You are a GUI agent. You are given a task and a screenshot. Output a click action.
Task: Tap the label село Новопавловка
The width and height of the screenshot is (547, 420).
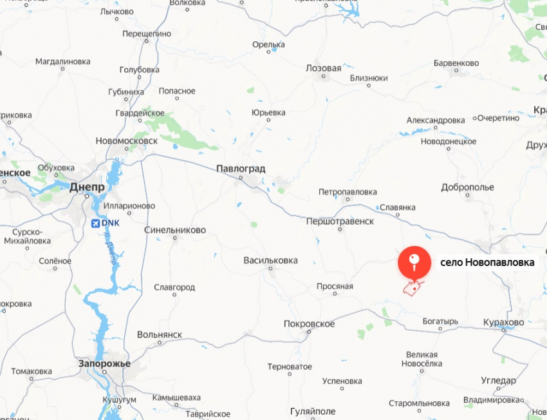pos(487,263)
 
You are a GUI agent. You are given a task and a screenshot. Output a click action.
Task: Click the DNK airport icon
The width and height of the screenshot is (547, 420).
pos(97,223)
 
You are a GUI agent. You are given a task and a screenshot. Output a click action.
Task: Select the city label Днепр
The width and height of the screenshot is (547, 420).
pos(87,186)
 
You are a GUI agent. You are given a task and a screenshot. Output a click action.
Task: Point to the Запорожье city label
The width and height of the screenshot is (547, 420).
pos(104,364)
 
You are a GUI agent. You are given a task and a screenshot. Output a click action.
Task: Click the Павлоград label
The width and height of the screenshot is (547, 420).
pos(241,168)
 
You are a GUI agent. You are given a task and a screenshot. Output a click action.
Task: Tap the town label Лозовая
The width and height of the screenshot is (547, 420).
pos(324,68)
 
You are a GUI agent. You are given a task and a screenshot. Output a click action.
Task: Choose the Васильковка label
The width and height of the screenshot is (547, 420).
pos(270,260)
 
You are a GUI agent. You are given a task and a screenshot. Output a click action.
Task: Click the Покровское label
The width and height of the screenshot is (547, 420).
pos(310,324)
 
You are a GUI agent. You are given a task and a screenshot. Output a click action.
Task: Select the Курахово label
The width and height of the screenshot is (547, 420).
pos(505,321)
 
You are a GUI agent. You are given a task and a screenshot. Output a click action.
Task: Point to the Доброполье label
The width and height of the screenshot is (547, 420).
pos(468,187)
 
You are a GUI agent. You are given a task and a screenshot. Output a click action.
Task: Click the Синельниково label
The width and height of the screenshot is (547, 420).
pos(175,229)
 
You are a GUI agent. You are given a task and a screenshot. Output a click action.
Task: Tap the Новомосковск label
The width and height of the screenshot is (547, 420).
pos(126,140)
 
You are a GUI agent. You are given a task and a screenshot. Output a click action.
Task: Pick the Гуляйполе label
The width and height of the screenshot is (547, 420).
pos(313,411)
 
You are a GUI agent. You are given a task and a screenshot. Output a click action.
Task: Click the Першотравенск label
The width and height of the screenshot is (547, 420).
pos(340,221)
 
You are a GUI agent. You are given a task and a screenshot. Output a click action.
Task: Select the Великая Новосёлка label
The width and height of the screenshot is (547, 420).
pos(422,359)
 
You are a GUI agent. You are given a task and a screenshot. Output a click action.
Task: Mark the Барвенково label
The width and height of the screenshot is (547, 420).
pos(456,63)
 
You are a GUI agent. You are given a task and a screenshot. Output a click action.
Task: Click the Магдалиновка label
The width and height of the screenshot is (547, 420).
pos(62,62)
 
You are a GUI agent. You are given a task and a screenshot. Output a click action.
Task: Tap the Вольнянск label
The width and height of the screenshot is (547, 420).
pos(160,335)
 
